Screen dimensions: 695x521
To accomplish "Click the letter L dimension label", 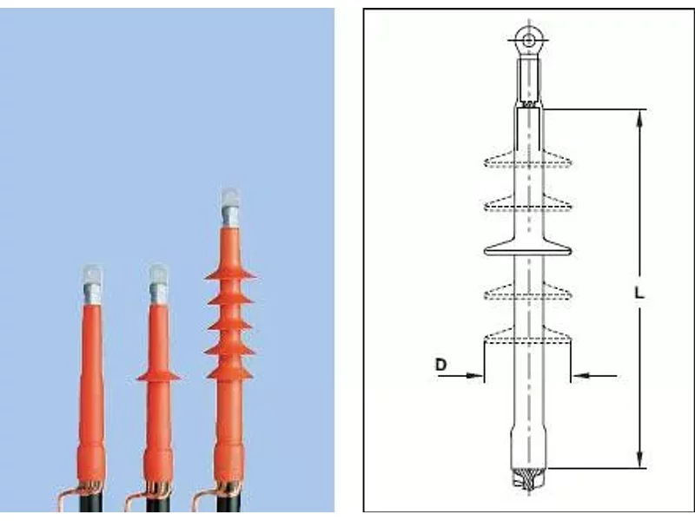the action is [639, 293].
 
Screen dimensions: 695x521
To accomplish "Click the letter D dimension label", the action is [440, 365].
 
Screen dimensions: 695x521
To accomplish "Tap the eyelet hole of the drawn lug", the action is [528, 40].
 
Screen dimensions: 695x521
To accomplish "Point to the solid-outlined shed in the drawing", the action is [527, 248].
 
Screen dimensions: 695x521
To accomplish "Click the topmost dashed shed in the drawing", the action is [527, 160].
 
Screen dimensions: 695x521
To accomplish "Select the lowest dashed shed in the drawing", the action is [527, 336].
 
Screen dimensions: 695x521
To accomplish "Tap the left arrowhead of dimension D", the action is [474, 376].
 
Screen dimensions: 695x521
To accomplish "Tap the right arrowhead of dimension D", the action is [581, 376].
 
